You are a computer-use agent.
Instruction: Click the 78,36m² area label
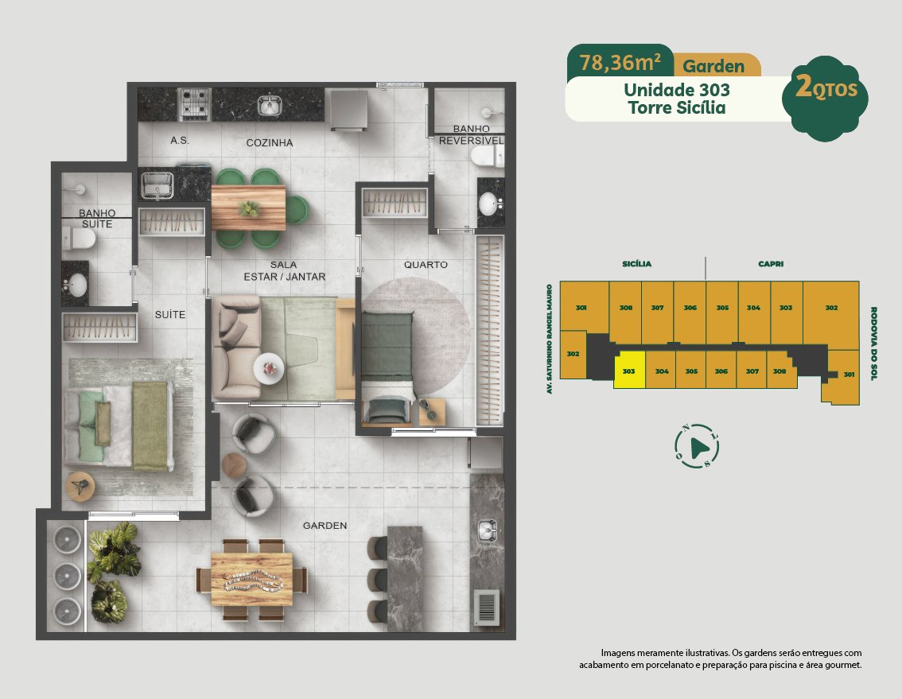(x=620, y=62)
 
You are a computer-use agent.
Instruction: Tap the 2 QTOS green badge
(x=826, y=99)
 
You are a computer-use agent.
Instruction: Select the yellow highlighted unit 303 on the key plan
(x=629, y=371)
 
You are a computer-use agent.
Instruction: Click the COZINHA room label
(x=269, y=142)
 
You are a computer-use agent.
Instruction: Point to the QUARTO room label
(x=426, y=265)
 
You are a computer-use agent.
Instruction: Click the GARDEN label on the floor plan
(x=325, y=526)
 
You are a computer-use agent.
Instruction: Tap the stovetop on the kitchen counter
(x=194, y=103)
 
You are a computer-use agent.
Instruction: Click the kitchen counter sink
(x=270, y=104)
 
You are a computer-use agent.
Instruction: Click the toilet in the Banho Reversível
(x=487, y=155)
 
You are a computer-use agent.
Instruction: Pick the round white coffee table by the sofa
(x=269, y=368)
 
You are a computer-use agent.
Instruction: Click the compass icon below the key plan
(x=697, y=446)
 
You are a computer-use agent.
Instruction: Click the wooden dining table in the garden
(x=252, y=580)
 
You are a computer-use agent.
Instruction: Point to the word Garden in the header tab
(x=713, y=66)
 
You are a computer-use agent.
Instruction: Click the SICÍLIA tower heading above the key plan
(x=637, y=264)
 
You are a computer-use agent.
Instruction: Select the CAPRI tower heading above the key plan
(x=771, y=264)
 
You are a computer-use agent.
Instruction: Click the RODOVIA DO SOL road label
(x=873, y=344)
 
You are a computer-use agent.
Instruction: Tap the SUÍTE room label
(x=170, y=315)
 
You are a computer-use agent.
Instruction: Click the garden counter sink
(x=488, y=530)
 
